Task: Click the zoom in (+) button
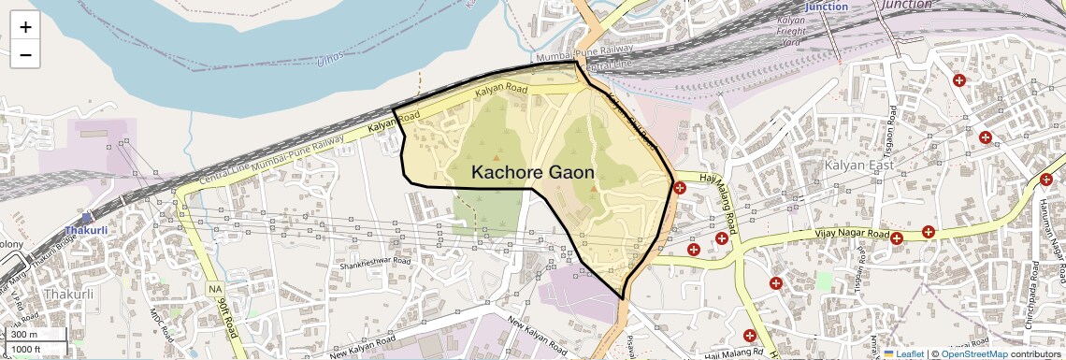click(25, 27)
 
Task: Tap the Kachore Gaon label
click(532, 172)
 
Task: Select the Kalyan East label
click(859, 166)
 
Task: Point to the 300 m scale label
click(25, 335)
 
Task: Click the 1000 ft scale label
click(27, 349)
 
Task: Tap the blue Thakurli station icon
click(87, 216)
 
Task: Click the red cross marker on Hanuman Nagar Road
click(1046, 180)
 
